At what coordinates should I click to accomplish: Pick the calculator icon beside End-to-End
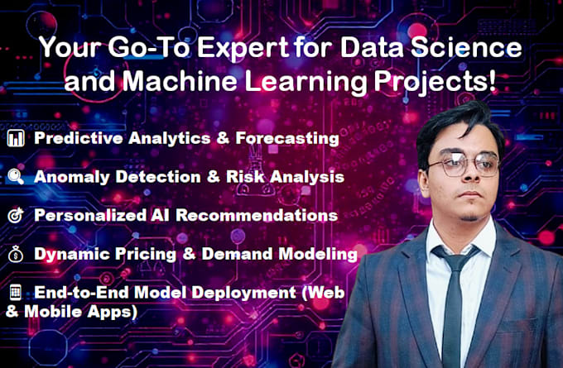click(16, 293)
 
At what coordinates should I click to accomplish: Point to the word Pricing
click(136, 254)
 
